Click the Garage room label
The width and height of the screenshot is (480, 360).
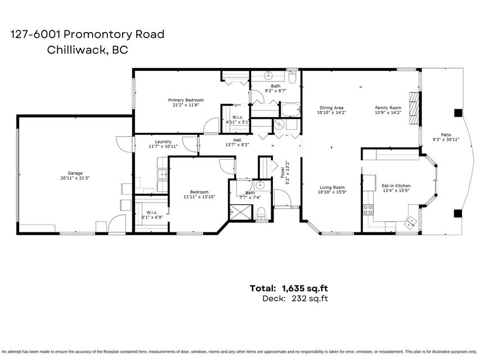point(75,173)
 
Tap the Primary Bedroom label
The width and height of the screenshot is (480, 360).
point(186,100)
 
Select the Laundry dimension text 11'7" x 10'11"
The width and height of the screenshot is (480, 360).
point(163,146)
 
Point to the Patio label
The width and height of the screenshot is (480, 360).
point(446,134)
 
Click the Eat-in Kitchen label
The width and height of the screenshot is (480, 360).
point(396,186)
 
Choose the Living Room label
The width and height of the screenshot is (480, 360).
point(332,187)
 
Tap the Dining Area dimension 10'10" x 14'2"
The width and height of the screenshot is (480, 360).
point(331,112)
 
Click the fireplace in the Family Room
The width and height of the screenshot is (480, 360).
point(414,109)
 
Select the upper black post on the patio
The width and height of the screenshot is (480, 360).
point(458,113)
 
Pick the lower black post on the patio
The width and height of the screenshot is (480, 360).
point(458,213)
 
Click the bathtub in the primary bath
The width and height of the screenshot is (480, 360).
point(290,110)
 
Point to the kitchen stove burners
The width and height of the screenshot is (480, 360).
point(368,209)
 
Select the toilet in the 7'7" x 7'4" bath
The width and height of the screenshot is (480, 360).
point(261,213)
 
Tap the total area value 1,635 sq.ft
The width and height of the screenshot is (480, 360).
point(305,288)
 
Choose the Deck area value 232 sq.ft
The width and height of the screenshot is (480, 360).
point(309,298)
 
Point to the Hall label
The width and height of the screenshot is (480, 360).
point(237,140)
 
